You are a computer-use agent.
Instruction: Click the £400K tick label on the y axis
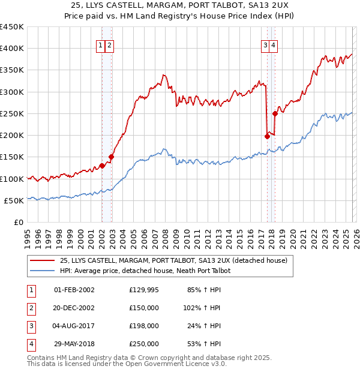(x=11, y=49)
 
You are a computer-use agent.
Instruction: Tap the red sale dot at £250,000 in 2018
(x=275, y=113)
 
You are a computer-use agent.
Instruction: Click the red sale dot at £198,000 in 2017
(x=267, y=136)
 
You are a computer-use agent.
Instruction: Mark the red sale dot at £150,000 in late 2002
(x=111, y=157)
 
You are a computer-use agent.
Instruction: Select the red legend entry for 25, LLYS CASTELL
(x=173, y=260)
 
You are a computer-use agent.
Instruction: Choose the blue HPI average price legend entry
(x=145, y=271)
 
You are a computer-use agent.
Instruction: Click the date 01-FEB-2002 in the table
(x=74, y=290)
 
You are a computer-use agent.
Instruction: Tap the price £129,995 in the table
(x=143, y=290)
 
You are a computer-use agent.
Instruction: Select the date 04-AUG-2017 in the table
(x=74, y=326)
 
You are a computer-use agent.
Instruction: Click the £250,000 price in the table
(x=143, y=344)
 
